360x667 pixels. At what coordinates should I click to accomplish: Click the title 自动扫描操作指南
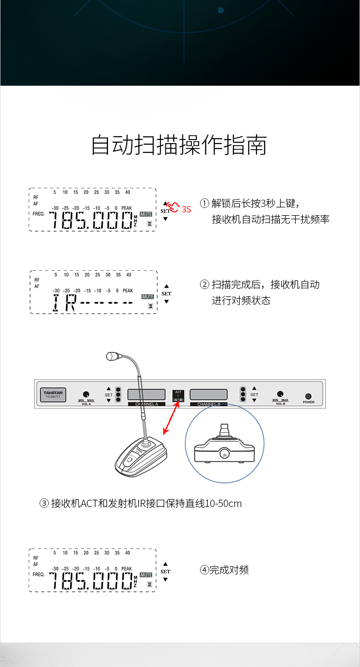click(x=179, y=145)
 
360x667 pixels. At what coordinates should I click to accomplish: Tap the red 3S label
click(x=186, y=209)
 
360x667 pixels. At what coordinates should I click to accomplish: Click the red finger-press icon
click(x=174, y=207)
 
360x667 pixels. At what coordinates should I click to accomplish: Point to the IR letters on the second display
click(x=64, y=303)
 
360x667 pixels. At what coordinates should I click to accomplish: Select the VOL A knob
click(x=86, y=394)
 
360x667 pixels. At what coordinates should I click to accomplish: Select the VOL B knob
click(x=280, y=394)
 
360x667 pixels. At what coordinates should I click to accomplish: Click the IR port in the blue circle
click(x=224, y=455)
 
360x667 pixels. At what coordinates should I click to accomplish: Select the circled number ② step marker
click(x=205, y=285)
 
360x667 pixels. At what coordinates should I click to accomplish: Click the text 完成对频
click(x=229, y=570)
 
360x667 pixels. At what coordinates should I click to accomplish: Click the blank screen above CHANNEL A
click(x=146, y=394)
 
